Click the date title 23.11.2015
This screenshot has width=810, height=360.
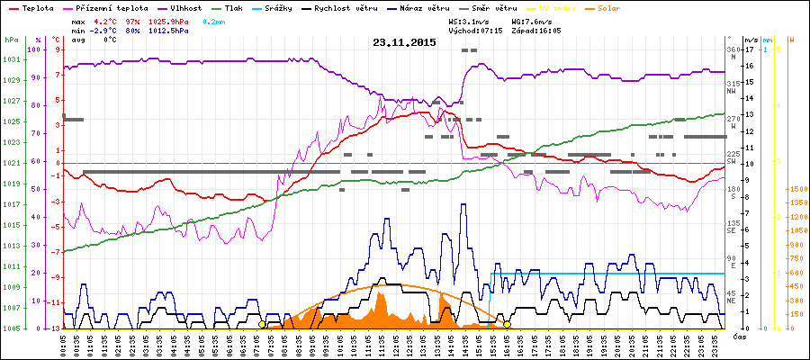(x=405, y=42)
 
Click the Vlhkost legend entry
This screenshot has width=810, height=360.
(x=185, y=7)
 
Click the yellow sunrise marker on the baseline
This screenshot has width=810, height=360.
(x=262, y=324)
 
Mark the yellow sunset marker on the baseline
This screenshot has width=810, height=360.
(x=508, y=324)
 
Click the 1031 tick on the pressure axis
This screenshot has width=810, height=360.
(x=12, y=59)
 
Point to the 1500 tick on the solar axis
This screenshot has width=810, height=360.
(x=796, y=190)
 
